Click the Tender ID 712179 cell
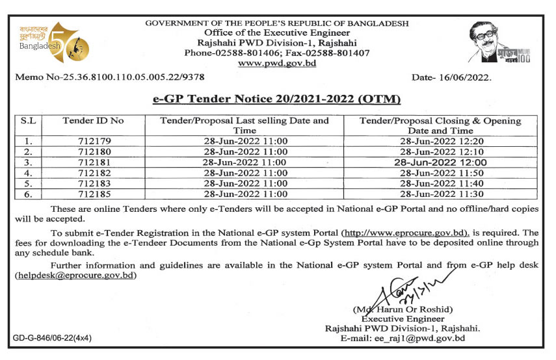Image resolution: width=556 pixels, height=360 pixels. click(93, 140)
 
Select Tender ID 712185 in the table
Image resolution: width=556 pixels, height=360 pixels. click(93, 194)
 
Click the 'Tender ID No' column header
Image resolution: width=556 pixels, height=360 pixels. click(93, 121)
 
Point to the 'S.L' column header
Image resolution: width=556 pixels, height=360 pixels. click(29, 121)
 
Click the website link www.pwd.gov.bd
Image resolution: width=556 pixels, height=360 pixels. click(277, 63)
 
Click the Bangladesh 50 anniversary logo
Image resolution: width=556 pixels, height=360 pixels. click(53, 43)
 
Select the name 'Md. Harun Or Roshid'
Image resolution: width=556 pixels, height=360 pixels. click(403, 309)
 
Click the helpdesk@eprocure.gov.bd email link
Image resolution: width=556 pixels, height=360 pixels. click(75, 276)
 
